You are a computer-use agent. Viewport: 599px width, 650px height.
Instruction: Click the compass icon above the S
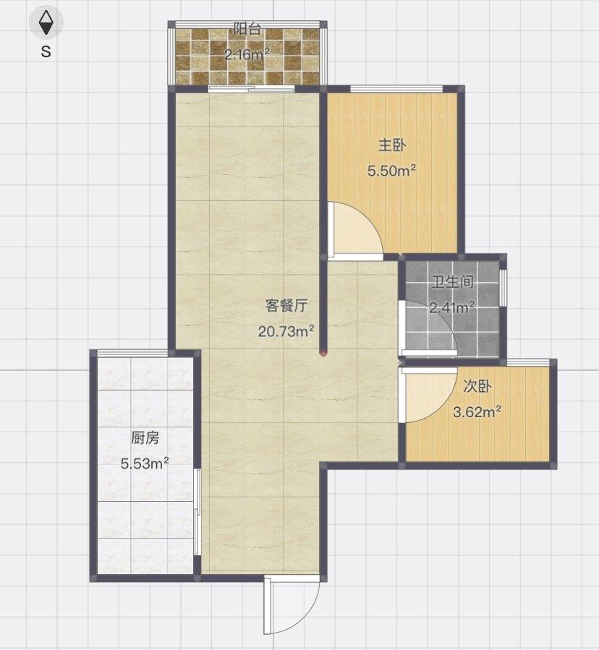(x=46, y=22)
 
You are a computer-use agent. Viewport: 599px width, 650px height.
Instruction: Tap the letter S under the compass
(x=46, y=52)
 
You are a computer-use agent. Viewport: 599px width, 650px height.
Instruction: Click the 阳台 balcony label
(x=247, y=30)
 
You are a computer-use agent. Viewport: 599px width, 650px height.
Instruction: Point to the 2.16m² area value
(x=247, y=54)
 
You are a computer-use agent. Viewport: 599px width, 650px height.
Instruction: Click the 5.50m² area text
(x=392, y=171)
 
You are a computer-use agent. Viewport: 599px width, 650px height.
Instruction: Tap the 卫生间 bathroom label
(x=452, y=283)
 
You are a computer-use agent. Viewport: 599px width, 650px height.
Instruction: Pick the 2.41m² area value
(x=452, y=307)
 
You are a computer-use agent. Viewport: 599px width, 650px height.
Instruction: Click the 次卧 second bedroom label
(x=477, y=387)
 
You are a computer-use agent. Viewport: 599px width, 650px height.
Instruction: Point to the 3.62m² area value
(x=477, y=412)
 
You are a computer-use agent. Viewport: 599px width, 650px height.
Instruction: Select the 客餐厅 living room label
(x=286, y=306)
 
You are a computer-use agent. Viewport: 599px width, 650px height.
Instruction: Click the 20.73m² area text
(x=286, y=331)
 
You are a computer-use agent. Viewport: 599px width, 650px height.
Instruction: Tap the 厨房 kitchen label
(x=145, y=437)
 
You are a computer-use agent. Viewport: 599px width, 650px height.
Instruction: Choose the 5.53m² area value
(x=145, y=463)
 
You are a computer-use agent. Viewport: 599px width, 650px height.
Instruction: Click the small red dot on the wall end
(x=323, y=353)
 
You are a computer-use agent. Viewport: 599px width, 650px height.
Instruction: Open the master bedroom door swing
(x=352, y=230)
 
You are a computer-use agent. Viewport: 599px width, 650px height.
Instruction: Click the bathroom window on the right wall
(x=504, y=287)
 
